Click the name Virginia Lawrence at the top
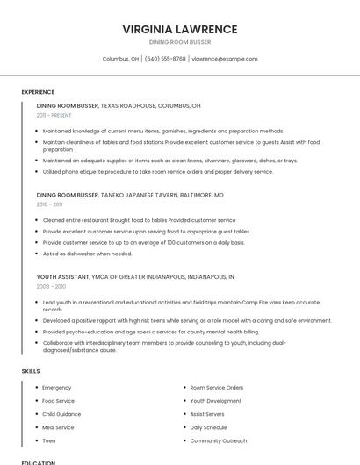click(x=180, y=29)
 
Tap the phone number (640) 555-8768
click(x=165, y=59)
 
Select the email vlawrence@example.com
click(x=225, y=59)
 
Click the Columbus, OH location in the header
click(x=121, y=59)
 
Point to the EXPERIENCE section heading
click(x=38, y=92)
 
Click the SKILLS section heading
click(x=31, y=371)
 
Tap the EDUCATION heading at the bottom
click(x=38, y=462)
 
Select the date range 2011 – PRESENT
click(x=54, y=115)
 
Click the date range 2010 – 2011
click(x=49, y=204)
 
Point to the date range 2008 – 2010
click(x=51, y=286)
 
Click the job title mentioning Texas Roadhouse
click(x=119, y=105)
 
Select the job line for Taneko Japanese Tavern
click(x=130, y=195)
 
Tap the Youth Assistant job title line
click(x=135, y=276)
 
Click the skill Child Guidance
click(x=61, y=414)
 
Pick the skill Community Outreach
click(x=219, y=440)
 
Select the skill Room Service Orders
click(x=217, y=387)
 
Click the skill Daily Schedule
click(x=209, y=427)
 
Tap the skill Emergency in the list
click(x=57, y=387)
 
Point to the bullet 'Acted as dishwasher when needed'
click(x=87, y=254)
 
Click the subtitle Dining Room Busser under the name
click(x=180, y=42)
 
